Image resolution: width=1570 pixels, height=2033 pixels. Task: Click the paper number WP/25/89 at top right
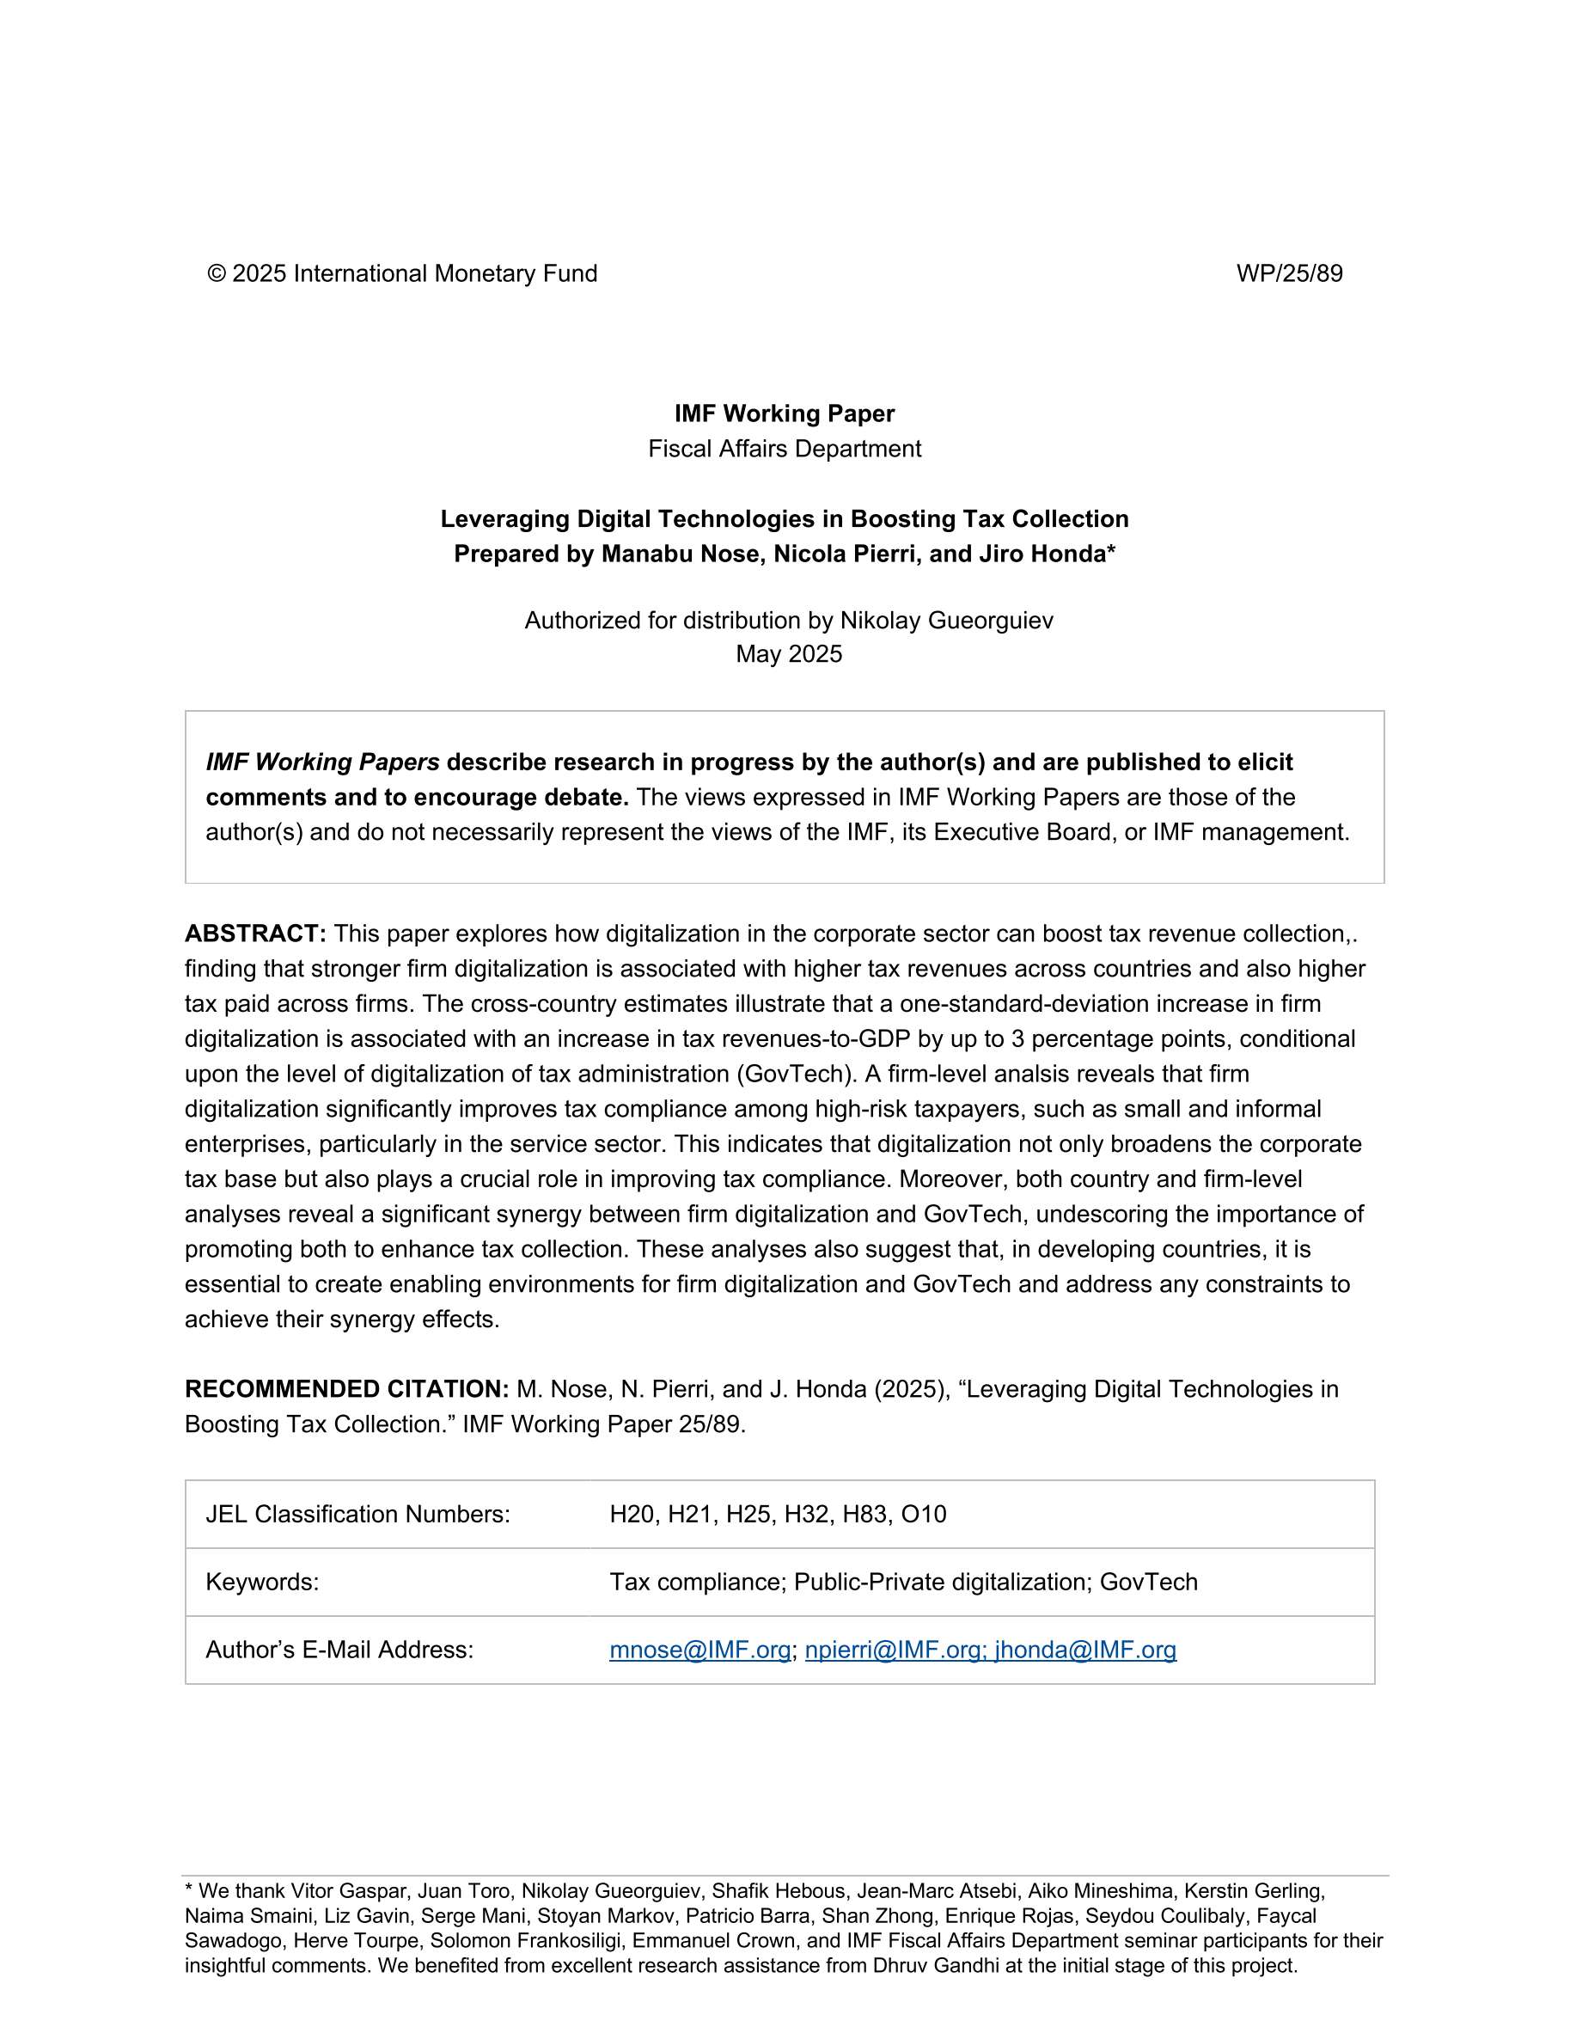pyautogui.click(x=1289, y=273)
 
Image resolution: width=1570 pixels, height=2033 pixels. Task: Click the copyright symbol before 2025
pyautogui.click(x=217, y=273)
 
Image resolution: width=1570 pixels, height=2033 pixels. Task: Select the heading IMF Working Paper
pyautogui.click(x=785, y=413)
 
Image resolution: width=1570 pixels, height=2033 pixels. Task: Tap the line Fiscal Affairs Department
pyautogui.click(x=785, y=449)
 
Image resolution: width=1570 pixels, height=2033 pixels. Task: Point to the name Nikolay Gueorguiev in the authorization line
pyautogui.click(x=946, y=620)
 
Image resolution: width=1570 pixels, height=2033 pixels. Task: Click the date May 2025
pyautogui.click(x=788, y=653)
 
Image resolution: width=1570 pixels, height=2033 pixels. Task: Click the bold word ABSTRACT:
pyautogui.click(x=255, y=934)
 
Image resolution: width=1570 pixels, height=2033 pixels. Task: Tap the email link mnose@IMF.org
pyautogui.click(x=699, y=1650)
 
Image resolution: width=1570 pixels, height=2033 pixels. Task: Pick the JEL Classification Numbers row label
pyautogui.click(x=357, y=1514)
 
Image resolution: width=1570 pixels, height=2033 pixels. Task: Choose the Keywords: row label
pyautogui.click(x=262, y=1582)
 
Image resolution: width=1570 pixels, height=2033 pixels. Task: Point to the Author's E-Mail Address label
pyautogui.click(x=339, y=1650)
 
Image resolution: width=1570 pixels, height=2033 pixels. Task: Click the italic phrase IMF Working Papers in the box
pyautogui.click(x=322, y=762)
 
